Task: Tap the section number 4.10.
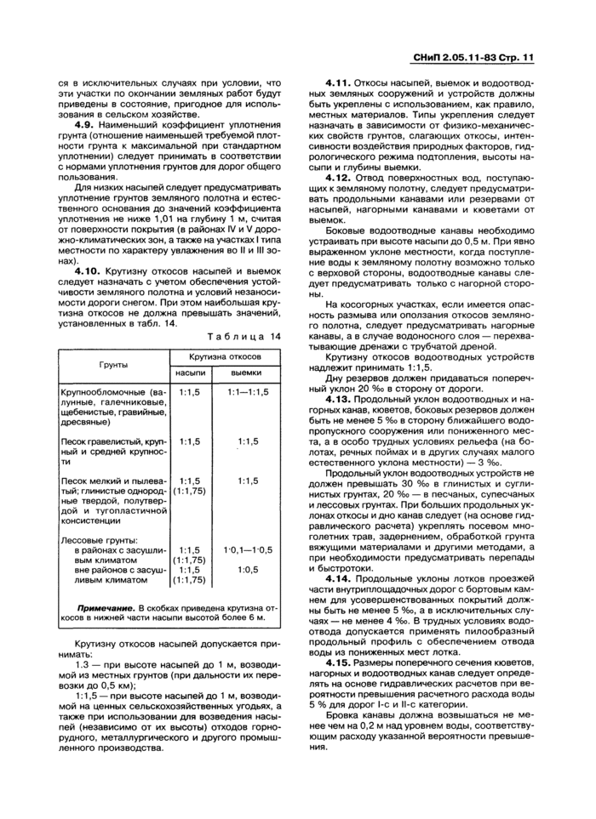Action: point(90,270)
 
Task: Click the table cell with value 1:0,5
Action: point(248,569)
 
